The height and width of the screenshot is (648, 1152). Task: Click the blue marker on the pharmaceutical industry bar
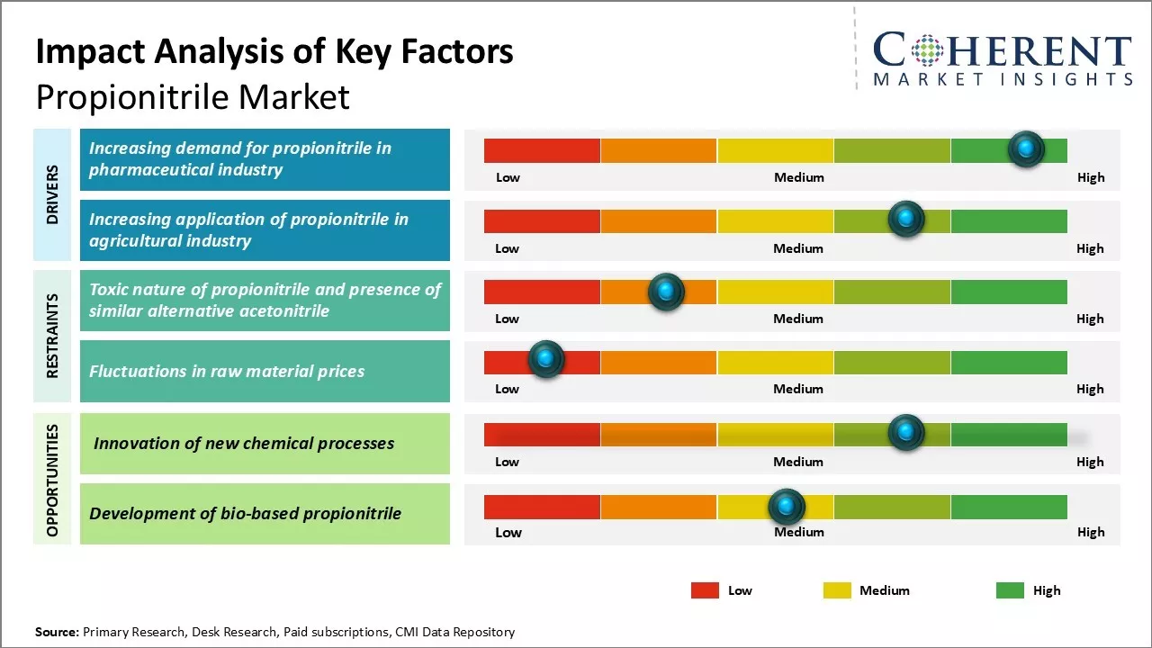click(x=1026, y=148)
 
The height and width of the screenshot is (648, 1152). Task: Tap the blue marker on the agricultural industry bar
click(x=906, y=219)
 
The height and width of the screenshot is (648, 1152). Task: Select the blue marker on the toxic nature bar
click(x=666, y=291)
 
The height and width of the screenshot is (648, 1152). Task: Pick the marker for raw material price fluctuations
click(x=545, y=359)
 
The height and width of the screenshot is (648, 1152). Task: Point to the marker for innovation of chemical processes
click(x=906, y=433)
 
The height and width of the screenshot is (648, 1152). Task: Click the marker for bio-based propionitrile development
click(x=787, y=507)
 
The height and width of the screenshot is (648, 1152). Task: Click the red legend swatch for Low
click(x=705, y=590)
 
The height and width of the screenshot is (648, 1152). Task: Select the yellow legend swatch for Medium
click(x=837, y=590)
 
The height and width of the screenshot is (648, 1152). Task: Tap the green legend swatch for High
click(x=1010, y=590)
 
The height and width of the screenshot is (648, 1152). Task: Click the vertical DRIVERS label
click(x=52, y=193)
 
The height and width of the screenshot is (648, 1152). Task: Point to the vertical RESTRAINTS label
click(x=52, y=336)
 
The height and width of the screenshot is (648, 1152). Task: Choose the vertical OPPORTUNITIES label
click(x=52, y=480)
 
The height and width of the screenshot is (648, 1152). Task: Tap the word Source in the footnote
click(x=56, y=632)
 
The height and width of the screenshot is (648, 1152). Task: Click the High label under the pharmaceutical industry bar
click(x=1090, y=177)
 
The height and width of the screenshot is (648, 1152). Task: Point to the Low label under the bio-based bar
click(x=508, y=532)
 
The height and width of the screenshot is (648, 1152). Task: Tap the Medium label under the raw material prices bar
click(x=798, y=389)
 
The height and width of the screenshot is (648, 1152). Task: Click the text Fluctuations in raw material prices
click(x=227, y=371)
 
